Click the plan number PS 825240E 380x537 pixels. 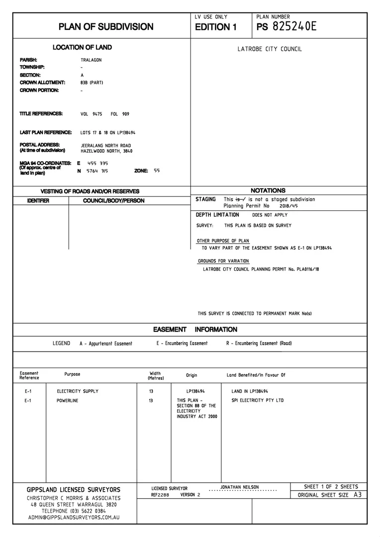coord(286,27)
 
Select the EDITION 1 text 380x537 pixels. coord(215,27)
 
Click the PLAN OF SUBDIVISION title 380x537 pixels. coord(106,27)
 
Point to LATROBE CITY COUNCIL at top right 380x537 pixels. coord(270,49)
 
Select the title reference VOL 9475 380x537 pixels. coord(91,114)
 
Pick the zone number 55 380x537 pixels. coord(157,171)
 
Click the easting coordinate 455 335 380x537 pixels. coord(97,163)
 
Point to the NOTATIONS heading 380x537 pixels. coord(268,190)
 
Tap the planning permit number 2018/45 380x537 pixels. coord(289,205)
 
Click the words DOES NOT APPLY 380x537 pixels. coord(270,215)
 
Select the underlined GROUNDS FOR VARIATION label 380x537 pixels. coord(223,261)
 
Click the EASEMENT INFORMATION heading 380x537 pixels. coord(195,330)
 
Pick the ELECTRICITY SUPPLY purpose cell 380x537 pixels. coord(78,391)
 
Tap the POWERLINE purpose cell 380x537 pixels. coord(68,400)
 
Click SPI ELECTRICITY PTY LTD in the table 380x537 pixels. coord(258,400)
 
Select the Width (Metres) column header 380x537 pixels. coord(155,376)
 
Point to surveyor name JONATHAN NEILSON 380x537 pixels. coord(239,487)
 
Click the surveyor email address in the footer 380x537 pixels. coord(74,518)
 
